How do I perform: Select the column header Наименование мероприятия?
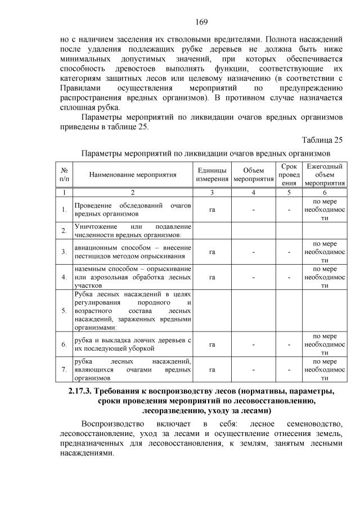point(133,175)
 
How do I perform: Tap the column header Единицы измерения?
point(212,175)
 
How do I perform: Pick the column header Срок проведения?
point(289,175)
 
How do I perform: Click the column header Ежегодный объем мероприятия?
point(325,175)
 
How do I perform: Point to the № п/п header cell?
point(64,175)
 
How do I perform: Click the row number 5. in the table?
point(64,310)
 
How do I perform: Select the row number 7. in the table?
point(64,370)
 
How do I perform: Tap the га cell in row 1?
point(212,210)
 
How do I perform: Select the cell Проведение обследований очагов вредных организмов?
point(133,210)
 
